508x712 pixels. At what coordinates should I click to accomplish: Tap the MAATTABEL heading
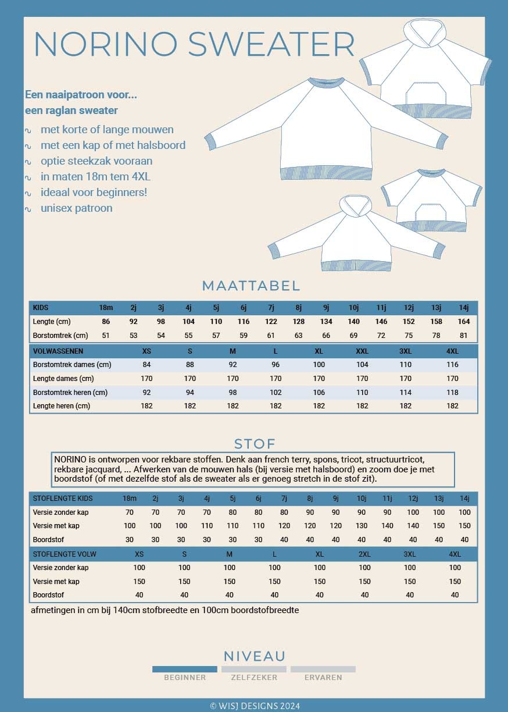coord(251,286)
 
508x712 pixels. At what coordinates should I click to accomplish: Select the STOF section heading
coord(255,444)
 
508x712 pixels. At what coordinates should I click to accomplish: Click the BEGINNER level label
coord(185,677)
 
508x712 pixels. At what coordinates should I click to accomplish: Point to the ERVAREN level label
coord(323,677)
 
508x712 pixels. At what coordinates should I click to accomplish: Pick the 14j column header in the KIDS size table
coord(464,308)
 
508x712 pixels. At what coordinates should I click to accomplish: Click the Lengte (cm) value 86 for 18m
coord(106,322)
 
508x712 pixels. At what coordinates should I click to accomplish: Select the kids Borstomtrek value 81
coord(464,336)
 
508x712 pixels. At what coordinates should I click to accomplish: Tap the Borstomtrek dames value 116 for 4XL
coord(452,365)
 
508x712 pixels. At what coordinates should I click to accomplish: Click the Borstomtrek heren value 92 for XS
coord(147,393)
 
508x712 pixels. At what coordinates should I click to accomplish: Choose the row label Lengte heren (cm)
coord(62,406)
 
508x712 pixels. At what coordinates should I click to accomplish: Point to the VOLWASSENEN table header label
coord(58,351)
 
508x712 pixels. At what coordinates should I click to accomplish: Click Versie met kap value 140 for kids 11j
coord(387,526)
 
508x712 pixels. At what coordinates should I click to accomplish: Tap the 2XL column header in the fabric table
coord(364,554)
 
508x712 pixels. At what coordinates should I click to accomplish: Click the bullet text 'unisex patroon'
coord(76,208)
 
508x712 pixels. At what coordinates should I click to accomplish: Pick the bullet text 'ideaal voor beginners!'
coord(94,192)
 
